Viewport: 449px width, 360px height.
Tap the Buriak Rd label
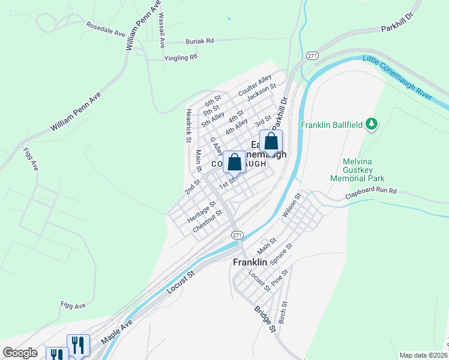pyautogui.click(x=199, y=41)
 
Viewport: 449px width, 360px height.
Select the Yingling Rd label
pyautogui.click(x=181, y=58)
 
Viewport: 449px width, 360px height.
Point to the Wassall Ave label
pyautogui.click(x=161, y=17)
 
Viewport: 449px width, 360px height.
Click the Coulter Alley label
pyautogui.click(x=255, y=85)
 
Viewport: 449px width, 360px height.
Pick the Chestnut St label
pyautogui.click(x=208, y=221)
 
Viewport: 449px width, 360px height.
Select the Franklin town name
pyautogui.click(x=250, y=262)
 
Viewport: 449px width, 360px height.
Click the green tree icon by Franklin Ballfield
pyautogui.click(x=372, y=124)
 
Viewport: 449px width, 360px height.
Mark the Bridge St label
pyautogui.click(x=264, y=319)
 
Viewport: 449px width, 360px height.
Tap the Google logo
pyautogui.click(x=20, y=353)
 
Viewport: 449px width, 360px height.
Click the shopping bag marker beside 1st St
pyautogui.click(x=235, y=162)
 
